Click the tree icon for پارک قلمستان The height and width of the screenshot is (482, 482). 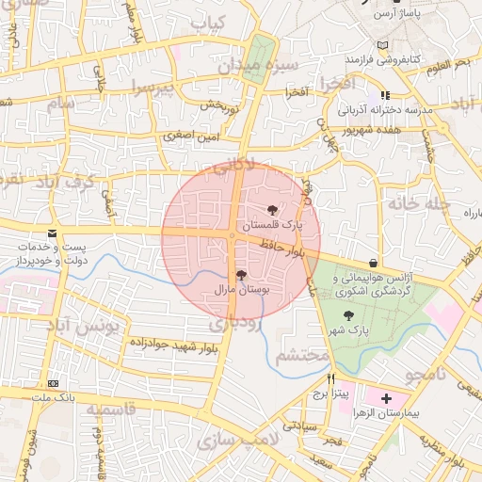tap(272, 210)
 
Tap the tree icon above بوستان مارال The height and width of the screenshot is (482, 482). tap(241, 275)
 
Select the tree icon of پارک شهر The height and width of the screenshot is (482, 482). tap(350, 315)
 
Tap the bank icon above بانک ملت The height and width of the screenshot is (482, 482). tap(53, 384)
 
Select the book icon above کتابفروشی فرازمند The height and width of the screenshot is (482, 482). tap(381, 45)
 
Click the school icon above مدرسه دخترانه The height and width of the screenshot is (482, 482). tap(384, 95)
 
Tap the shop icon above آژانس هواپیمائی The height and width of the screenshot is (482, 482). tap(376, 264)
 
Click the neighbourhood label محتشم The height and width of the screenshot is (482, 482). tap(302, 356)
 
